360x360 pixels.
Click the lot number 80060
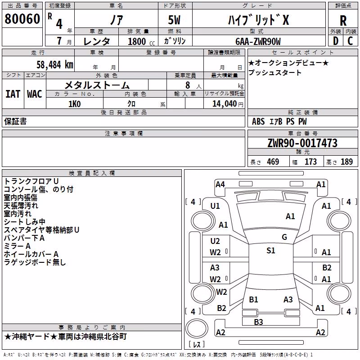(x=22, y=18)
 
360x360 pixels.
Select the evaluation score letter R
(x=343, y=21)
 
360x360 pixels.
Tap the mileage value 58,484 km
(x=55, y=65)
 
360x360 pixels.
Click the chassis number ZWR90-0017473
(x=302, y=143)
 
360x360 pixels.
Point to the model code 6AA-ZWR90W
(x=258, y=41)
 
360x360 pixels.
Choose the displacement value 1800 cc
(x=141, y=41)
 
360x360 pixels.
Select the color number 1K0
(x=75, y=104)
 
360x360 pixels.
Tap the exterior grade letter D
(x=336, y=41)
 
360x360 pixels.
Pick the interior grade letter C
(x=350, y=41)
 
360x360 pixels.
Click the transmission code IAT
(x=13, y=94)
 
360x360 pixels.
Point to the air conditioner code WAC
(x=35, y=94)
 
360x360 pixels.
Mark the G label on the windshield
(x=284, y=237)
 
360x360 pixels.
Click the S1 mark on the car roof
(x=271, y=250)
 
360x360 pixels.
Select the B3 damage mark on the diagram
(x=258, y=322)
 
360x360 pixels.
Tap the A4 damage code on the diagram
(x=220, y=184)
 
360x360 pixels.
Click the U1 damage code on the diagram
(x=215, y=206)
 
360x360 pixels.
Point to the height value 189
(x=346, y=162)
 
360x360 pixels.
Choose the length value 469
(x=273, y=162)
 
